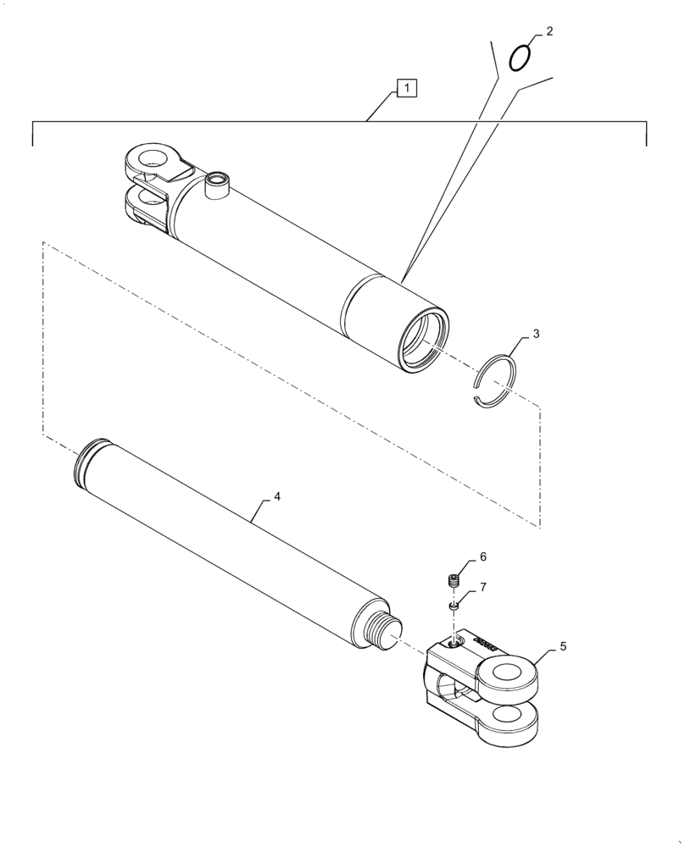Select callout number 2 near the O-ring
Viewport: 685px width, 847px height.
(549, 31)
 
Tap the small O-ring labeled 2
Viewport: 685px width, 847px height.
(521, 58)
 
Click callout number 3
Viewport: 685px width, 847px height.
(535, 335)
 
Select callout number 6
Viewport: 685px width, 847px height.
(482, 556)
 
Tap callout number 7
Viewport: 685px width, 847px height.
(482, 587)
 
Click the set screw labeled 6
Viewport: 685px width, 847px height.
(454, 580)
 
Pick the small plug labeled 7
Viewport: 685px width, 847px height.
(454, 606)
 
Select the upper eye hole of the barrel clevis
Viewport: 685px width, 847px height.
(154, 157)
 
